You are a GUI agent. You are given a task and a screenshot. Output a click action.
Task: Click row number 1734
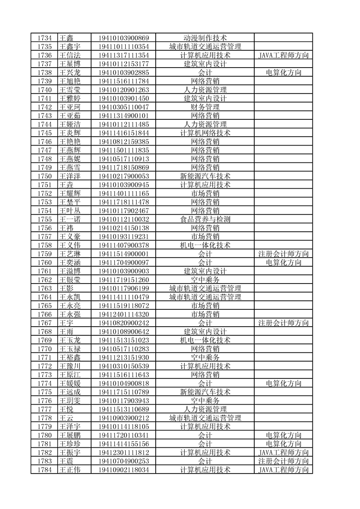[x=44, y=38]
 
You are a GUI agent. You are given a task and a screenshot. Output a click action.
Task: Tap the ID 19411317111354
[x=123, y=55]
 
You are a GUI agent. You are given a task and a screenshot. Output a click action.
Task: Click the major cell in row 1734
[x=205, y=38]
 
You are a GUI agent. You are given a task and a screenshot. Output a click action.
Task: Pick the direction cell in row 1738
[x=283, y=73]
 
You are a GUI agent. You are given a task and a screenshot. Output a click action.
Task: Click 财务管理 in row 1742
[x=205, y=107]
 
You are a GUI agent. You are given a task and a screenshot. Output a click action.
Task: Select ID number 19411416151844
[x=123, y=133]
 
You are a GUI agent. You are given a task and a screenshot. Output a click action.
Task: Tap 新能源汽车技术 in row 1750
[x=205, y=176]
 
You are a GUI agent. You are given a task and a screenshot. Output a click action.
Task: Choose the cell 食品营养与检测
[x=205, y=219]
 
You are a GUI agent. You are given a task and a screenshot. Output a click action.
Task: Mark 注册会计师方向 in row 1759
[x=283, y=254]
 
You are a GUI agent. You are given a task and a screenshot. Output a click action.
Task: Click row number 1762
[x=44, y=279]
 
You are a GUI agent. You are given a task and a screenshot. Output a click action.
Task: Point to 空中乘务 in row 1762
[x=205, y=279]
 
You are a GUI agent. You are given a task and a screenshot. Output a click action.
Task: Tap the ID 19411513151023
[x=123, y=340]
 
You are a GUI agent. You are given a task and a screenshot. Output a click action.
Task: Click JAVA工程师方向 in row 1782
[x=283, y=452]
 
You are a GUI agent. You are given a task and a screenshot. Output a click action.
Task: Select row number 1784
[x=44, y=470]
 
